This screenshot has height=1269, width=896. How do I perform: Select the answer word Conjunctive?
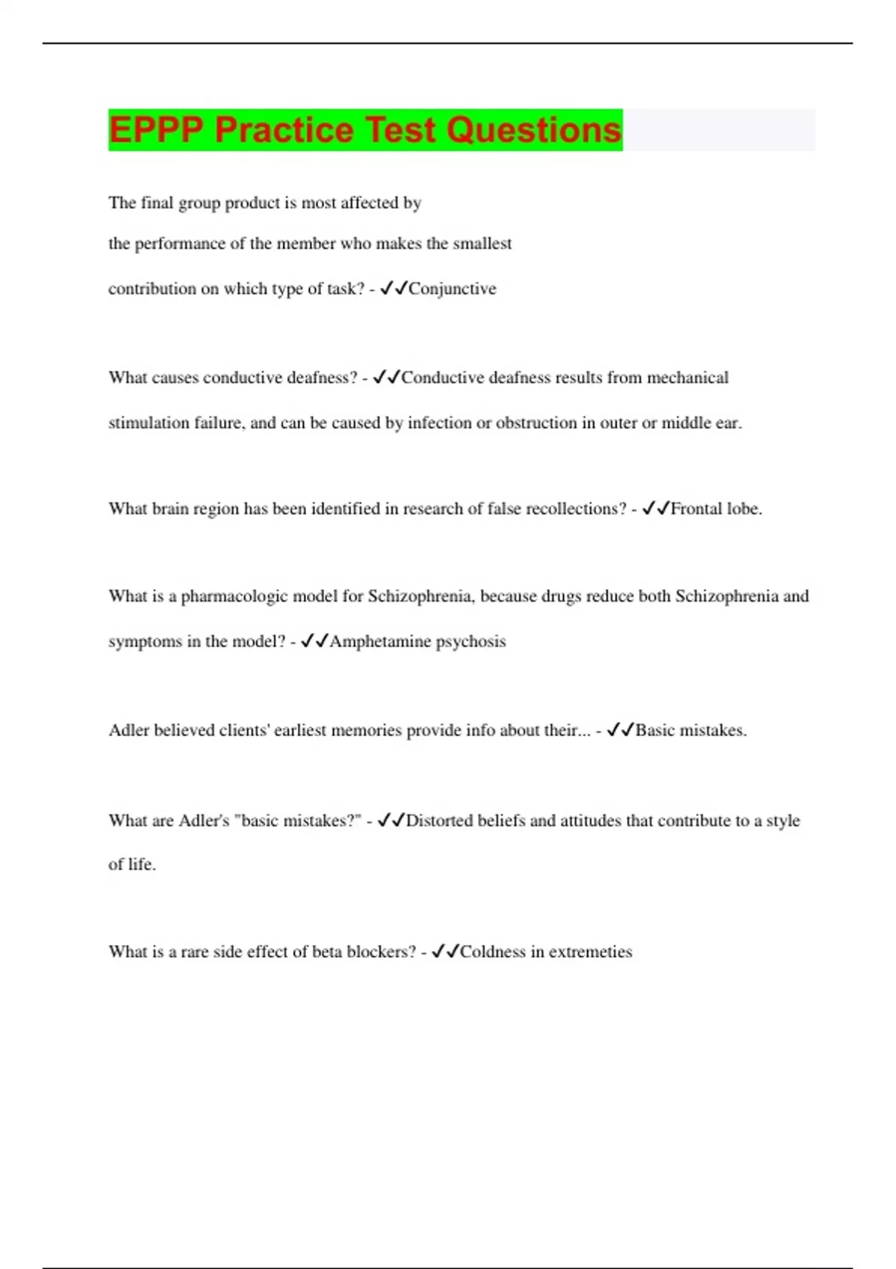point(452,289)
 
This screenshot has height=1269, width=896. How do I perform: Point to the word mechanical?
point(687,378)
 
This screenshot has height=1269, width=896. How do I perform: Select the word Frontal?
point(697,509)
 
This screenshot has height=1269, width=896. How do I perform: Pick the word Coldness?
point(493,952)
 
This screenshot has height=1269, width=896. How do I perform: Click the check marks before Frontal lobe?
point(656,509)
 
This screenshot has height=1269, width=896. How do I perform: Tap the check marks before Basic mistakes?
point(620,731)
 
